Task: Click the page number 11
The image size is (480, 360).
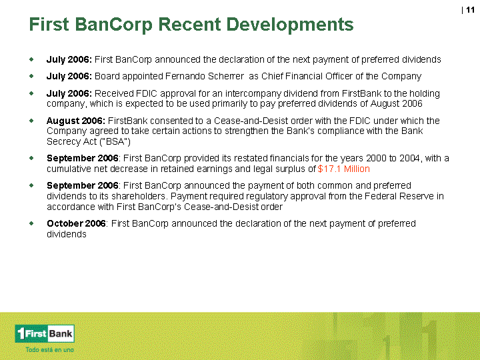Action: (470, 10)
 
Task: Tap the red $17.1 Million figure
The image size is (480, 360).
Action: (344, 169)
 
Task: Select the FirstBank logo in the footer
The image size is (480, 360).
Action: (45, 333)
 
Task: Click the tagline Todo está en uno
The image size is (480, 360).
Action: (49, 349)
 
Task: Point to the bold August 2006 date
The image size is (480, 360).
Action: (75, 121)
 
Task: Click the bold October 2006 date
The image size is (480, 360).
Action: (76, 223)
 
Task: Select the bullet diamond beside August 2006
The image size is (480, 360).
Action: (31, 121)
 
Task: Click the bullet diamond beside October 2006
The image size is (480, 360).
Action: (31, 223)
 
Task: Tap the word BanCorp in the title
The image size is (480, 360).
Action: (113, 25)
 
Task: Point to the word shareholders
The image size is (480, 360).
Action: (139, 196)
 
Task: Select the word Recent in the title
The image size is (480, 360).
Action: (189, 25)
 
